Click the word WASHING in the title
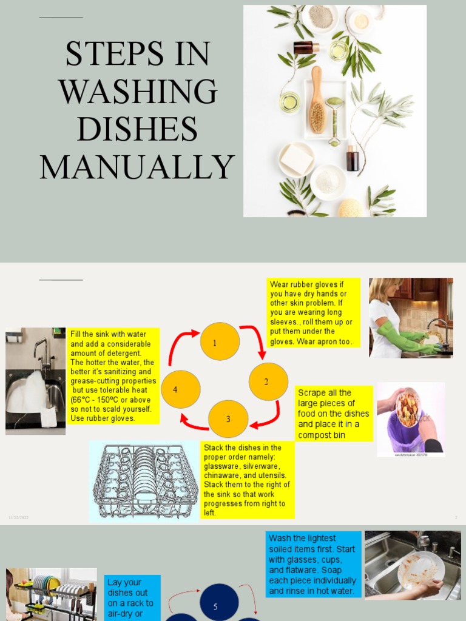click(138, 92)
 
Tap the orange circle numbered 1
click(220, 342)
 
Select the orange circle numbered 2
click(268, 381)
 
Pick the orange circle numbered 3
click(228, 419)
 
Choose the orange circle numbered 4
click(180, 389)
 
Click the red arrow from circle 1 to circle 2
click(255, 340)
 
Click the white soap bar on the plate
click(296, 158)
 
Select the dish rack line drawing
click(145, 481)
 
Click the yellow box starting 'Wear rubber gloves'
click(314, 313)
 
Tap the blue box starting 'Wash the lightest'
click(313, 564)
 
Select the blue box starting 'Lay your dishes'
click(132, 598)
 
